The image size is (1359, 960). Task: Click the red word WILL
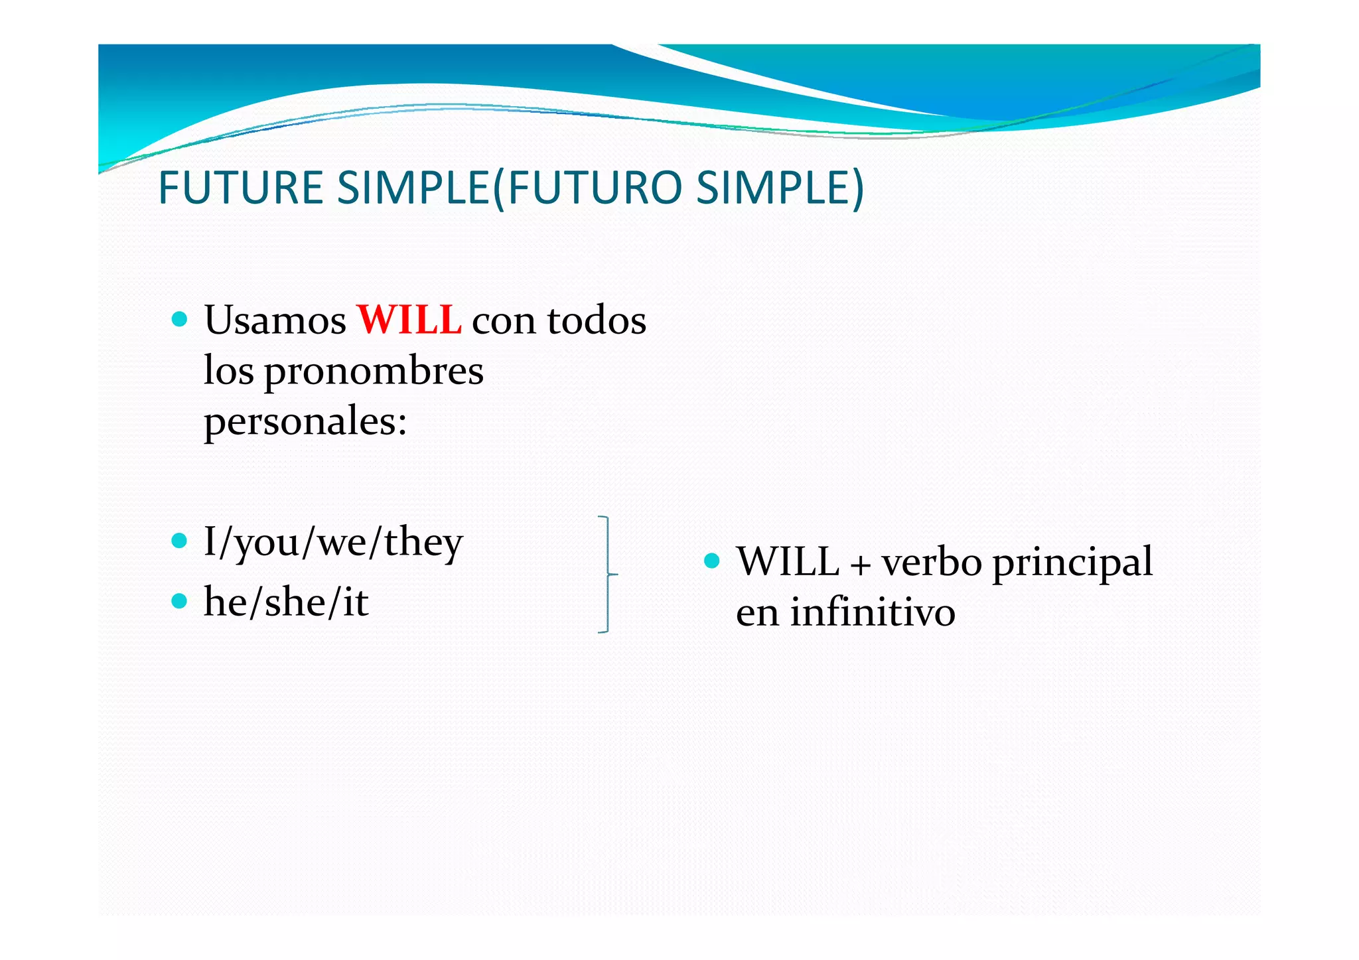tap(409, 320)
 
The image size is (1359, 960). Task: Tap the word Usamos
tap(275, 320)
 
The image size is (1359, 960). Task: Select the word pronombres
tap(374, 372)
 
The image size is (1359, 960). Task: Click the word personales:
tap(305, 422)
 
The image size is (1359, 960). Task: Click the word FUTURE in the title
tap(241, 188)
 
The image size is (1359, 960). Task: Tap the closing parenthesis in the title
tap(857, 189)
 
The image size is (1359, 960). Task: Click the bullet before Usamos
tap(179, 320)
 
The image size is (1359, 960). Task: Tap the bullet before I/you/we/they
tap(179, 540)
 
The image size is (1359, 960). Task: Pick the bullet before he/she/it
tap(179, 601)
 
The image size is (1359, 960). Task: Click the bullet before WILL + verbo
tap(711, 561)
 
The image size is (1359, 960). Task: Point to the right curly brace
tap(607, 574)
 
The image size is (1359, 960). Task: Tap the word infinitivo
tap(872, 612)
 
